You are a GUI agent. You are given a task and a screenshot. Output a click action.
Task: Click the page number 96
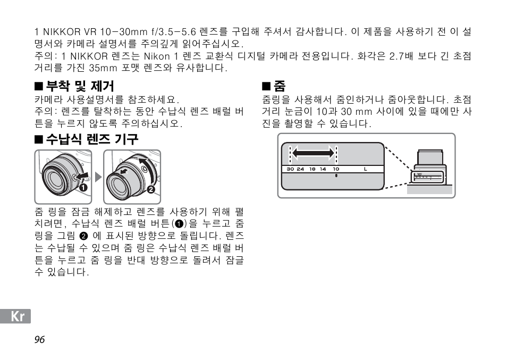point(39,340)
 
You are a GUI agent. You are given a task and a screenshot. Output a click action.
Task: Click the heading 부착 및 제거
point(80,86)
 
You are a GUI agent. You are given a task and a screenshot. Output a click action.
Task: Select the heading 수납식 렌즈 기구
point(91,139)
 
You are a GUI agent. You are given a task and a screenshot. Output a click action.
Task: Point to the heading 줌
point(279,86)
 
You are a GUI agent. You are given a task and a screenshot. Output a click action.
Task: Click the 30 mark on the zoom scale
point(290,169)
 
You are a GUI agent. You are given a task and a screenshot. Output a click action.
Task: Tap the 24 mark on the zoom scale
point(301,169)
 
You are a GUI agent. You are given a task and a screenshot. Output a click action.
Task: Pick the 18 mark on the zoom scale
point(312,169)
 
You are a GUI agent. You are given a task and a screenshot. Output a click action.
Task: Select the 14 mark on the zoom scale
point(323,169)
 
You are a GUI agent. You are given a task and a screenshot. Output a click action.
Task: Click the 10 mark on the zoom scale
point(336,169)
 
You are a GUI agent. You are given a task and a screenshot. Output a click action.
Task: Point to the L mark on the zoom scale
point(366,169)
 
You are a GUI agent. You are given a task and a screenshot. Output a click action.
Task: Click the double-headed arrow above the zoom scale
point(314,154)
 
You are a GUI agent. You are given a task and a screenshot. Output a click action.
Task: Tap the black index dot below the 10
point(336,175)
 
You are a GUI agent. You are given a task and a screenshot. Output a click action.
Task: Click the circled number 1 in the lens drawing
point(83,187)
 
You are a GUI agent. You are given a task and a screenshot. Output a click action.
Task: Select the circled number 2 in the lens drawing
point(150,189)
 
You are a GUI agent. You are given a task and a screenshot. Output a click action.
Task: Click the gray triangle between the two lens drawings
point(98,177)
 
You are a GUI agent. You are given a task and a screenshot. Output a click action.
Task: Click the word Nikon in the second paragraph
point(157,56)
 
